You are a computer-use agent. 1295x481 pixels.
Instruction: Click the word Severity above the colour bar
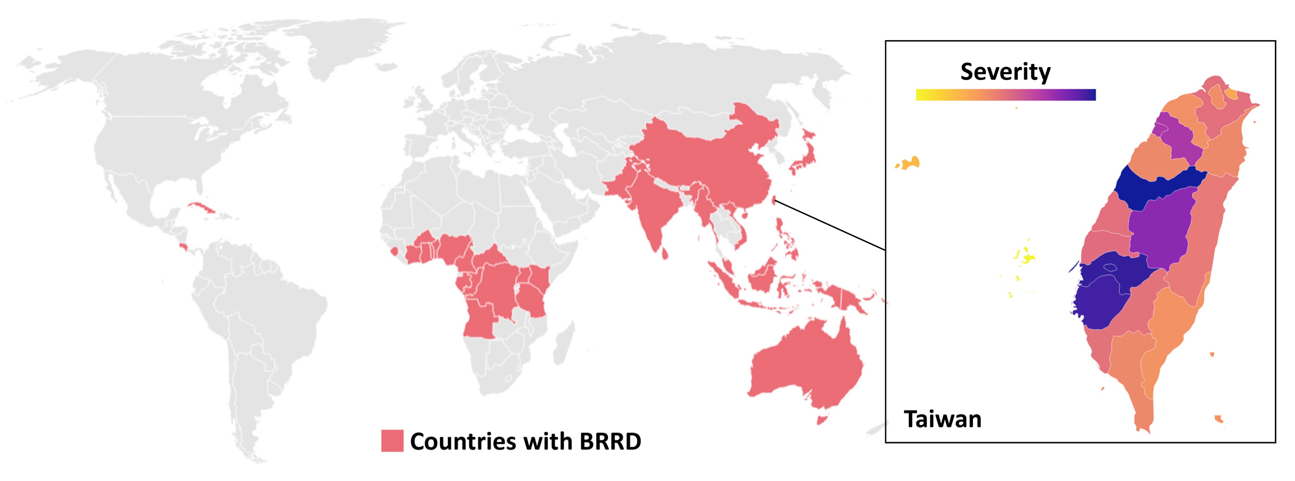coord(1005,72)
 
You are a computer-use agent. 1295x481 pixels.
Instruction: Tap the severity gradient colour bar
coord(1006,95)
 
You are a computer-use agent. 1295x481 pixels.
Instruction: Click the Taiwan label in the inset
coord(943,419)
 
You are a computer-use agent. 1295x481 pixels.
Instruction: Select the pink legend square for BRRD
coord(392,441)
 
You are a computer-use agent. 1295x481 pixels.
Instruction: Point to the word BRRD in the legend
coord(610,441)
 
